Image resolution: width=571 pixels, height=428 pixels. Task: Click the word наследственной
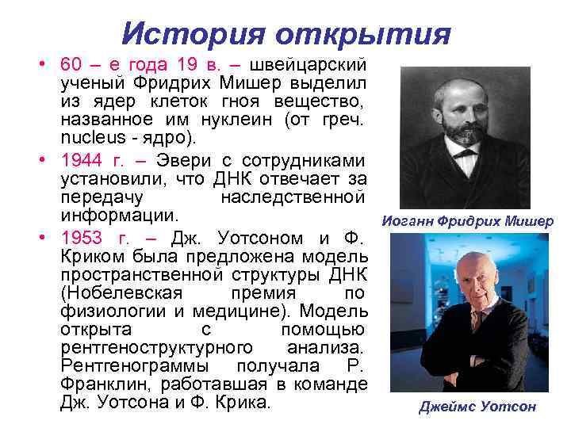point(292,195)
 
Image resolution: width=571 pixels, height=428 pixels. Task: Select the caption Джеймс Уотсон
point(477,407)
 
